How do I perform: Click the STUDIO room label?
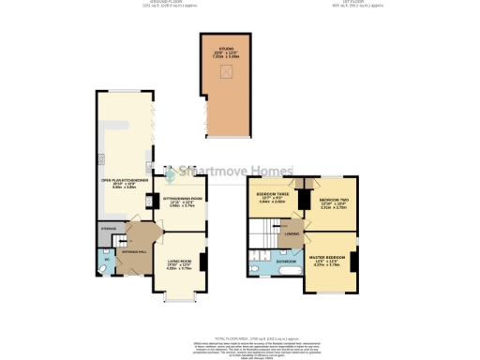(226, 48)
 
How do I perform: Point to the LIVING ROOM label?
(179, 264)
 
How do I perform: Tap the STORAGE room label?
(107, 228)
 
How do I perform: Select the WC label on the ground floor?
(105, 259)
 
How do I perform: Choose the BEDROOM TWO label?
(333, 202)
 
